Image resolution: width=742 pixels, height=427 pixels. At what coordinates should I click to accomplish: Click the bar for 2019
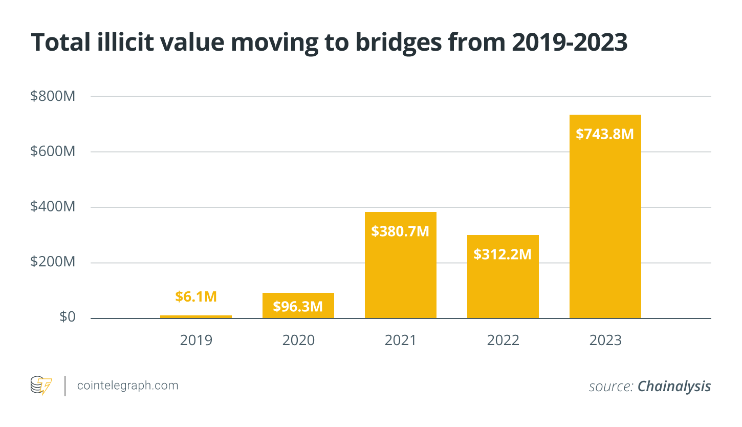196,316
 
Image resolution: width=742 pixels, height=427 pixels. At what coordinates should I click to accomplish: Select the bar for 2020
298,305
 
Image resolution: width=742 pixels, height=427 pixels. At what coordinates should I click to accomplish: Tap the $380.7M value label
400,231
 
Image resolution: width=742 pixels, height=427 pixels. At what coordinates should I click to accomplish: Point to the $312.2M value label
503,254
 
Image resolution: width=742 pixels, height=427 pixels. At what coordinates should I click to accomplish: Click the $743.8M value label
605,134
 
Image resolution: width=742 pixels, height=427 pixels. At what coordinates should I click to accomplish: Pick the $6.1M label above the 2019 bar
196,296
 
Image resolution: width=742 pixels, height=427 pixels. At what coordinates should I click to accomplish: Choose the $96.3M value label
298,306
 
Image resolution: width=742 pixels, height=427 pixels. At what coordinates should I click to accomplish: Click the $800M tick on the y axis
53,96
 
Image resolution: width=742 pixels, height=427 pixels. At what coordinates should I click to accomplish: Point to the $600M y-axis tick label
53,152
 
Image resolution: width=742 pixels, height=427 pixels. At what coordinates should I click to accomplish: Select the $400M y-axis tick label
53,206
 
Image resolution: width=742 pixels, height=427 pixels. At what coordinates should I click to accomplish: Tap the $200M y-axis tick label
53,262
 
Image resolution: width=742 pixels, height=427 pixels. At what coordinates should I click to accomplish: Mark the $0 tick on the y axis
68,317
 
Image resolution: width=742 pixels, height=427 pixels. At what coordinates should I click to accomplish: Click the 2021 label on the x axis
400,340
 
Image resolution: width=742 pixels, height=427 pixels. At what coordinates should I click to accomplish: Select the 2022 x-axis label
503,340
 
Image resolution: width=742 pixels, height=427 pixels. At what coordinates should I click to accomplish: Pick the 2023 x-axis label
605,340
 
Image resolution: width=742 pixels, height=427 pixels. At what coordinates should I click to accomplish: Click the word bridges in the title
399,44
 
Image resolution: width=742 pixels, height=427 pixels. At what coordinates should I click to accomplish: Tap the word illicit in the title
125,42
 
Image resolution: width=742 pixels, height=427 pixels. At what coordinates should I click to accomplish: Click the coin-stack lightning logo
41,385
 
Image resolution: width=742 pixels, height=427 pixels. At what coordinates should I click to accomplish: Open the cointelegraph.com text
127,386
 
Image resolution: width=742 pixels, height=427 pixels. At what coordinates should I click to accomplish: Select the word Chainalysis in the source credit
674,387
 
